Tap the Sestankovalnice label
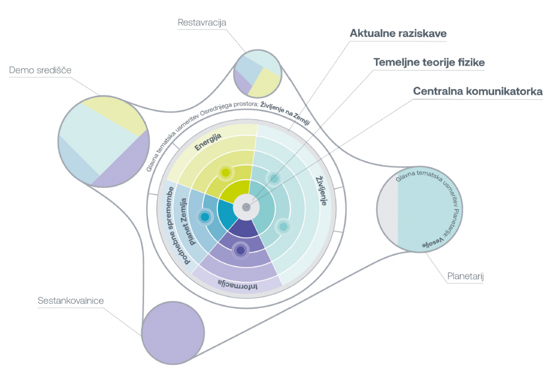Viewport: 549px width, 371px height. tap(71, 301)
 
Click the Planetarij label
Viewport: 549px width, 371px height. tap(465, 276)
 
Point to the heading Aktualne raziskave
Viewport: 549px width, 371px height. tap(398, 34)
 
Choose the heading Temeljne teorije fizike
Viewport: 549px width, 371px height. tap(429, 62)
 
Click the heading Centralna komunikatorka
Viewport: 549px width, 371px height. tap(477, 91)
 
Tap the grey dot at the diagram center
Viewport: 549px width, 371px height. tap(246, 207)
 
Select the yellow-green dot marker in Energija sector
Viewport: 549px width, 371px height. tap(225, 173)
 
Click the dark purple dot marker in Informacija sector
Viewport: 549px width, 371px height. tap(240, 251)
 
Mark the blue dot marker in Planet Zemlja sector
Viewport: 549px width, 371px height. tap(204, 216)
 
